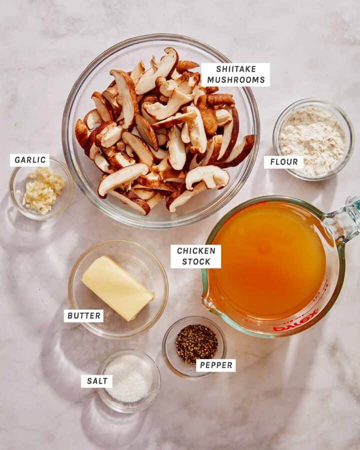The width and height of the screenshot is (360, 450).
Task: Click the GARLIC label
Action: pyautogui.click(x=30, y=160)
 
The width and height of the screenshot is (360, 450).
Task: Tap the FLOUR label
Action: pyautogui.click(x=284, y=162)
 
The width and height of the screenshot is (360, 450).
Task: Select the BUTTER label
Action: pyautogui.click(x=84, y=316)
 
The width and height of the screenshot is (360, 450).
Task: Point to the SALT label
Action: pyautogui.click(x=97, y=381)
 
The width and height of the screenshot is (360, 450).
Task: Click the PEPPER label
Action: pyautogui.click(x=216, y=365)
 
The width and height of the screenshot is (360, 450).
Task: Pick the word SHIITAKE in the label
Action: pyautogui.click(x=236, y=69)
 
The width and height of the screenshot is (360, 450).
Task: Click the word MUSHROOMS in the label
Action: pyautogui.click(x=236, y=80)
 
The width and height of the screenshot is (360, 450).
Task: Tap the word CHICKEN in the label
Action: pyautogui.click(x=196, y=251)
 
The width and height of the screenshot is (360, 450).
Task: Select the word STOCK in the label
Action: pyautogui.click(x=196, y=261)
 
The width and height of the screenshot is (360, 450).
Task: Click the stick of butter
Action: pyautogui.click(x=118, y=287)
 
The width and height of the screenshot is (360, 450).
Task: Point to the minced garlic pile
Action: pyautogui.click(x=43, y=190)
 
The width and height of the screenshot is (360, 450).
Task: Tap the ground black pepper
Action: pyautogui.click(x=196, y=344)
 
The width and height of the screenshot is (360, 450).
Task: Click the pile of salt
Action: pyautogui.click(x=129, y=378)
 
